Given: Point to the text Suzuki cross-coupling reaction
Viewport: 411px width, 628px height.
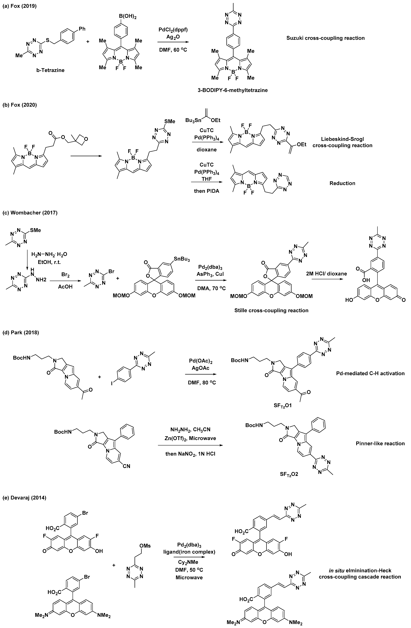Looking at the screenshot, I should pyautogui.click(x=325, y=38).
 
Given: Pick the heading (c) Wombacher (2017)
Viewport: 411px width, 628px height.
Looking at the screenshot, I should pyautogui.click(x=30, y=213).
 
